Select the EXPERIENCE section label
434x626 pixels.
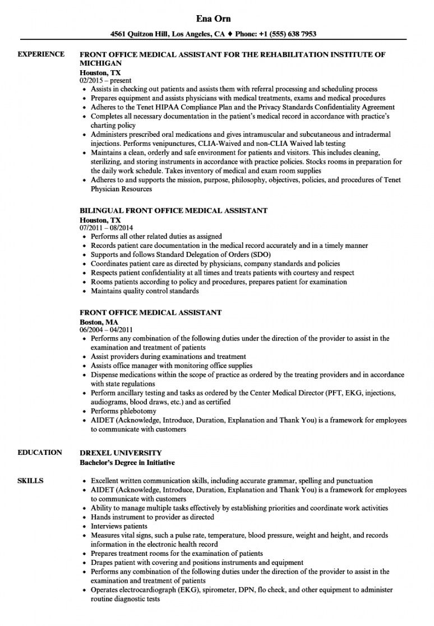pos(41,54)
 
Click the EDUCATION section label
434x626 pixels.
pos(39,453)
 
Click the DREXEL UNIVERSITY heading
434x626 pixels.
pos(121,453)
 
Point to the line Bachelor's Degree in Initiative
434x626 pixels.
pos(127,462)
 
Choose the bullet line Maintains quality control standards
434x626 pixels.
pos(145,291)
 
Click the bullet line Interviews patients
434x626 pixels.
pos(119,526)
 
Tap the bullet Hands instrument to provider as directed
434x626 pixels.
pos(152,517)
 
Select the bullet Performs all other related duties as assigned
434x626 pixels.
pos(156,237)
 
